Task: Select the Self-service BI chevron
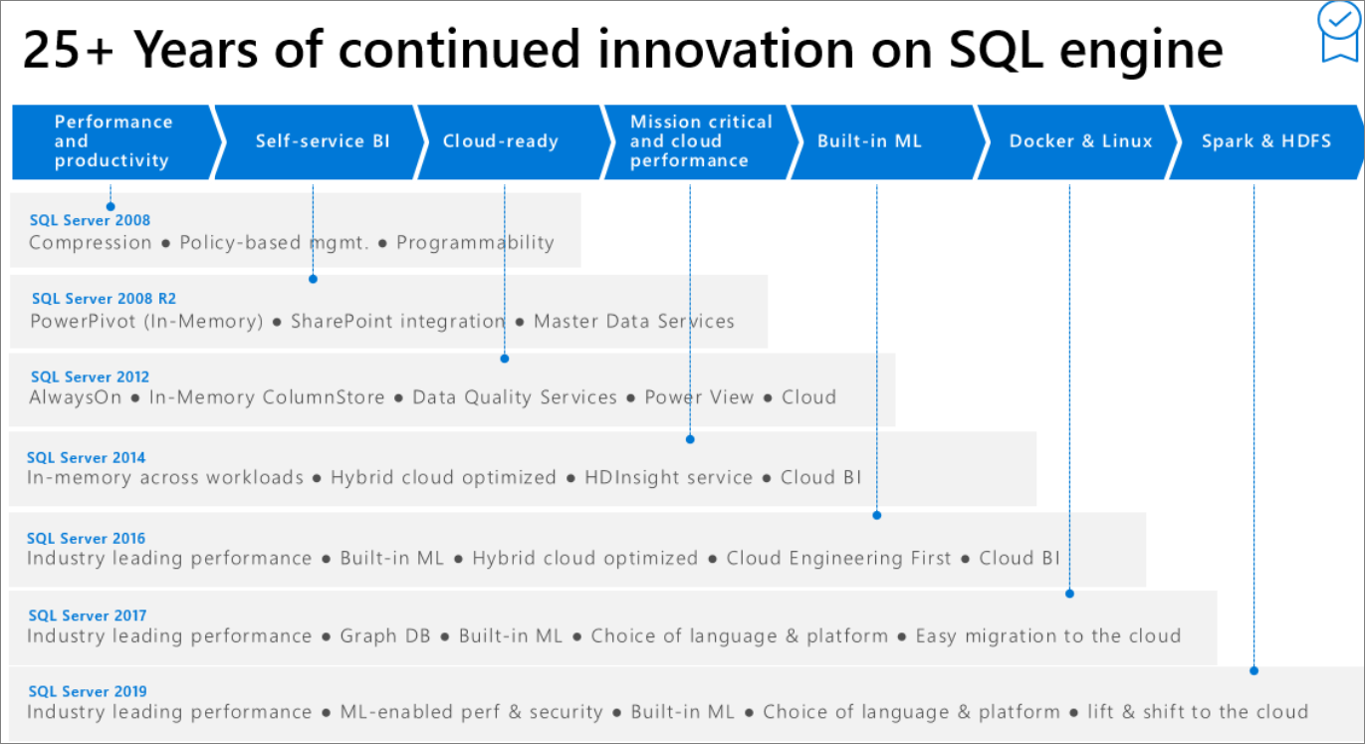pyautogui.click(x=322, y=141)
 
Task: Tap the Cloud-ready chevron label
pyautogui.click(x=500, y=141)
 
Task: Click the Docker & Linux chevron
pyautogui.click(x=1080, y=141)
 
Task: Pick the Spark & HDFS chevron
pyautogui.click(x=1265, y=141)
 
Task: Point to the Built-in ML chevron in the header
pyautogui.click(x=869, y=141)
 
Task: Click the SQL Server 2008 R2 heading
pyautogui.click(x=104, y=299)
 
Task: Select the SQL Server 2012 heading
pyautogui.click(x=90, y=377)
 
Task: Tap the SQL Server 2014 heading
pyautogui.click(x=86, y=458)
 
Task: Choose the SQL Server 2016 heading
pyautogui.click(x=86, y=539)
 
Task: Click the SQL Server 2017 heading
pyautogui.click(x=87, y=617)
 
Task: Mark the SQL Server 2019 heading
pyautogui.click(x=87, y=692)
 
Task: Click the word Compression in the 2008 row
pyautogui.click(x=90, y=243)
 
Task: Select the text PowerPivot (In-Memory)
pyautogui.click(x=146, y=322)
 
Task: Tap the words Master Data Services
pyautogui.click(x=633, y=322)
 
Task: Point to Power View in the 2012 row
pyautogui.click(x=699, y=397)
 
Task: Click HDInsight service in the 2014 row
pyautogui.click(x=668, y=478)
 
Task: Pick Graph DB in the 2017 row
pyautogui.click(x=385, y=636)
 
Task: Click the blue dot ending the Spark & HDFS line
pyautogui.click(x=1253, y=670)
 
